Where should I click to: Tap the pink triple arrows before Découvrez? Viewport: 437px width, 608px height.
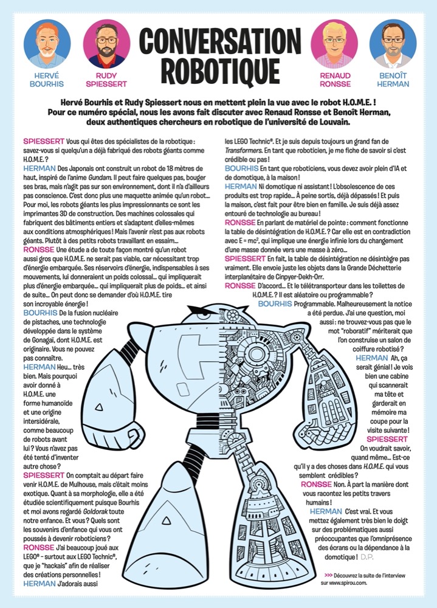329,575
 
